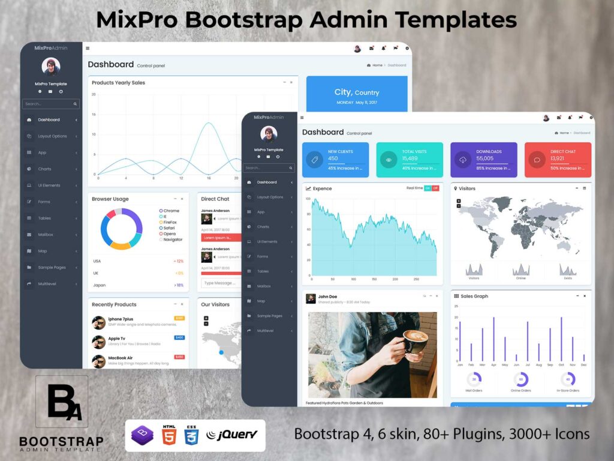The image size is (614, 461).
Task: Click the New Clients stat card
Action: pyautogui.click(x=335, y=160)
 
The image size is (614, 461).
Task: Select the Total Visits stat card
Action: pyautogui.click(x=410, y=160)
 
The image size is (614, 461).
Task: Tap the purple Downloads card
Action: pyautogui.click(x=483, y=160)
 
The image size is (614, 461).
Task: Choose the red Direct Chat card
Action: pyautogui.click(x=558, y=160)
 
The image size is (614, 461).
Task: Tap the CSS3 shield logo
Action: pyautogui.click(x=191, y=435)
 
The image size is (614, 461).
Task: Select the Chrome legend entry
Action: pyautogui.click(x=171, y=211)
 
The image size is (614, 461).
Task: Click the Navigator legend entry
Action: pyautogui.click(x=172, y=240)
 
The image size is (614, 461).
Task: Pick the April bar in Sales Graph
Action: pyautogui.click(x=493, y=339)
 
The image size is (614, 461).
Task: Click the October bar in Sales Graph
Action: pyautogui.click(x=561, y=339)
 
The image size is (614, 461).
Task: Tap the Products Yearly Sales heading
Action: pyautogui.click(x=118, y=83)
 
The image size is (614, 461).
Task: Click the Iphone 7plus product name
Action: pyautogui.click(x=121, y=319)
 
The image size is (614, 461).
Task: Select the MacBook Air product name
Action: pyautogui.click(x=120, y=358)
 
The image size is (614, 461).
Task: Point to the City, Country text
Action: pyautogui.click(x=357, y=92)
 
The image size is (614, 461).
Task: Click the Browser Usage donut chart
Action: pyautogui.click(x=121, y=229)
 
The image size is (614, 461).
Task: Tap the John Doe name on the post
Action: pyautogui.click(x=327, y=297)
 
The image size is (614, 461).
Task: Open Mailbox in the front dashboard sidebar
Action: pyautogui.click(x=264, y=286)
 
